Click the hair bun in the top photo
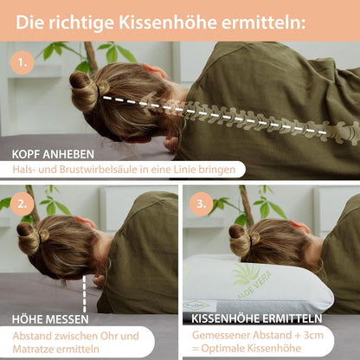pyautogui.click(x=85, y=91)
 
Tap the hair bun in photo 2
pyautogui.click(x=28, y=238)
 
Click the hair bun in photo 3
pyautogui.click(x=240, y=235)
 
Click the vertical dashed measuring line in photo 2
pyautogui.click(x=85, y=295)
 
